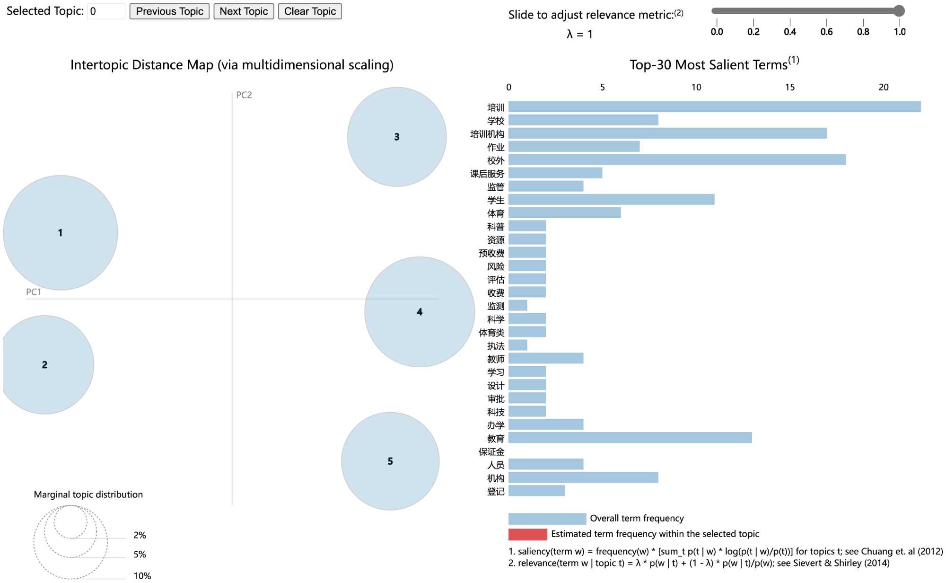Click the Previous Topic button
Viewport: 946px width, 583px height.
pos(169,11)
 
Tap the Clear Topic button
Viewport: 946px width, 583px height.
pos(310,11)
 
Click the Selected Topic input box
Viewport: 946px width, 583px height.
pos(106,11)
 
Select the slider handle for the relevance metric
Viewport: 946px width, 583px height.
pos(899,11)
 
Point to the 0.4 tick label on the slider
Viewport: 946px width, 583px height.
pos(789,32)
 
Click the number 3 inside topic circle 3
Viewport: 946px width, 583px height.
pos(397,137)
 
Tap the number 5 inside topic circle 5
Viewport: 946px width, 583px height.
pos(390,461)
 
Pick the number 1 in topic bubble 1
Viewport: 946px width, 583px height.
pos(60,233)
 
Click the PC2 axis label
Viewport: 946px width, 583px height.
pos(244,95)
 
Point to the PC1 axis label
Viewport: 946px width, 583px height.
pos(34,292)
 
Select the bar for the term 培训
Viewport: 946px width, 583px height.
pos(714,107)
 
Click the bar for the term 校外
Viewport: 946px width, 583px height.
pos(677,160)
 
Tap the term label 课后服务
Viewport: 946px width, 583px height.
pos(487,174)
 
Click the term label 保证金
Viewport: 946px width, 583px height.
pos(491,452)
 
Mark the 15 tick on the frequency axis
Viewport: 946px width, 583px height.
pos(789,87)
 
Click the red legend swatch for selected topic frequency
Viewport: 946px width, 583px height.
pos(527,534)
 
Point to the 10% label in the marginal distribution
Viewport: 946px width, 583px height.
pos(142,575)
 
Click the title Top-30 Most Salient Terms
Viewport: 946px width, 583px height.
pos(708,65)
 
